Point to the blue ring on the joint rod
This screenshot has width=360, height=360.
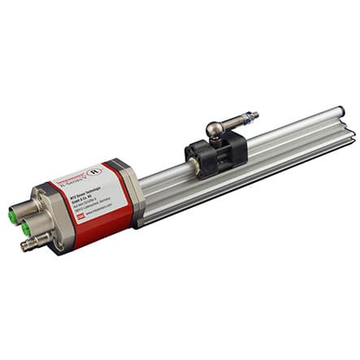pyautogui.click(x=242, y=119)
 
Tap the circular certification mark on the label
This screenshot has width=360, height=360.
pyautogui.click(x=95, y=173)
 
